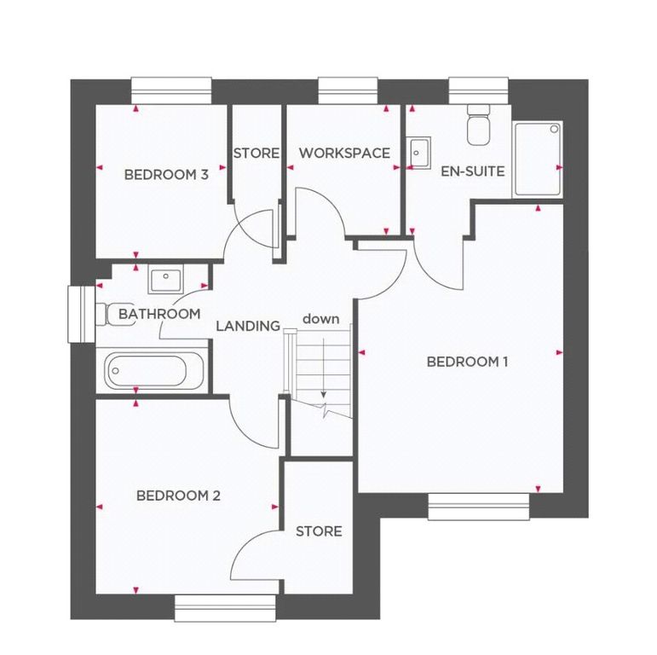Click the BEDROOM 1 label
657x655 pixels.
point(467,362)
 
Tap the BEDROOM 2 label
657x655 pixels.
point(179,496)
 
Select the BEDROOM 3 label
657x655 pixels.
point(166,175)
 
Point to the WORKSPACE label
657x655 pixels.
point(344,154)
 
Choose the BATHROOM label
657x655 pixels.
point(159,314)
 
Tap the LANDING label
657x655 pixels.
point(248,326)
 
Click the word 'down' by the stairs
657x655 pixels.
point(320,319)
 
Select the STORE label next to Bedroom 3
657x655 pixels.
point(256,154)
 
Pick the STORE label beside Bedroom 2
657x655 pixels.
point(319,531)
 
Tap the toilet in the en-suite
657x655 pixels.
point(478,126)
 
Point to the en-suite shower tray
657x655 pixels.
point(538,159)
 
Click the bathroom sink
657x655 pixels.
point(165,279)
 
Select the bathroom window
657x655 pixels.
point(81,314)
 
